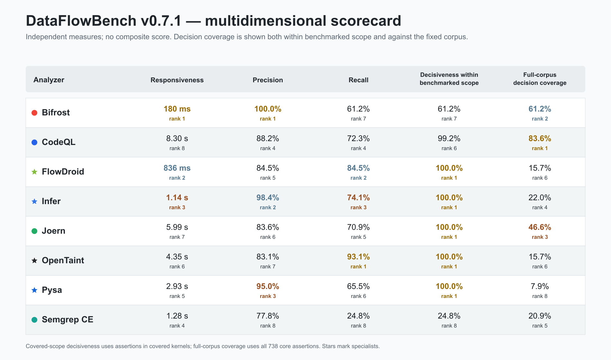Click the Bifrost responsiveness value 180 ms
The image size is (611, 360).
click(x=177, y=109)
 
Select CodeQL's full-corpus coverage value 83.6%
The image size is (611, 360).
click(x=540, y=139)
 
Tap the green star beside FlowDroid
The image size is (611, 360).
click(x=34, y=172)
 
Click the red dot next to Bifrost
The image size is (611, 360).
click(x=34, y=113)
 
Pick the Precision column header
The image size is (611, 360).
click(x=268, y=80)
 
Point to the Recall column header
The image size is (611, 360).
click(x=358, y=80)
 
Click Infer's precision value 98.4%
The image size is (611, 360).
click(x=268, y=198)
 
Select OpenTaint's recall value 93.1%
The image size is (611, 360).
click(x=358, y=257)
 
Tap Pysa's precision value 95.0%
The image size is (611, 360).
click(x=268, y=286)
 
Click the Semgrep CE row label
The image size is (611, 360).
click(x=68, y=319)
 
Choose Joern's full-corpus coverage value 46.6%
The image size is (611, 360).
click(x=540, y=227)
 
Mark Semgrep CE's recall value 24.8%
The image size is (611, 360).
click(x=358, y=316)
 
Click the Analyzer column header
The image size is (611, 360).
click(x=49, y=80)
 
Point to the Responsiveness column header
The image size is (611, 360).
click(x=177, y=80)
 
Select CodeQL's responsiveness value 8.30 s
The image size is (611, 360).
click(x=177, y=139)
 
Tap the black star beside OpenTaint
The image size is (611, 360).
click(x=34, y=260)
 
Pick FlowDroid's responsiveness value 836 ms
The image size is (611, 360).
click(x=177, y=168)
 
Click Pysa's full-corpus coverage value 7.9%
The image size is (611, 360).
click(x=540, y=286)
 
